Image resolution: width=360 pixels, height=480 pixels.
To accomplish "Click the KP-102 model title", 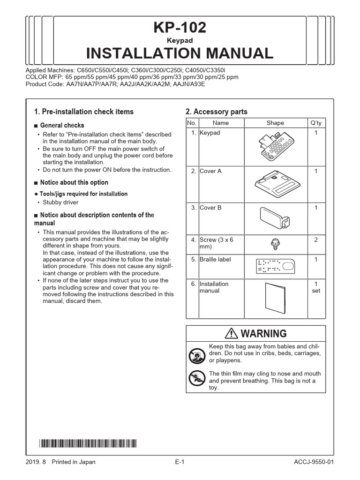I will coord(180,28).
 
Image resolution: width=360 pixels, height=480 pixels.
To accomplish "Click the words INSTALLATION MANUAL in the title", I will coord(180,53).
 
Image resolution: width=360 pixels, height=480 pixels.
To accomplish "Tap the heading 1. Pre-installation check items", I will coord(84,112).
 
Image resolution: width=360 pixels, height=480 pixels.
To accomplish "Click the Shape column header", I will coord(275,123).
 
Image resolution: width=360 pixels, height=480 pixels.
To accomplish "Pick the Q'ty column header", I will coord(316,123).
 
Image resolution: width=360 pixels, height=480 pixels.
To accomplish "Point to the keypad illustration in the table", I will coord(275,146).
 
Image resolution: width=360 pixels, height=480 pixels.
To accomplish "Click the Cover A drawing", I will coord(275,184).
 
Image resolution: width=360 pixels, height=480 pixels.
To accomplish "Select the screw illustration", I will coord(275,243).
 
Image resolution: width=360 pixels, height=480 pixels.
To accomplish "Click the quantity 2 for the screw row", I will coord(316,240).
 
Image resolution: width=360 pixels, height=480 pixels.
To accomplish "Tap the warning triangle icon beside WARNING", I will coord(232,333).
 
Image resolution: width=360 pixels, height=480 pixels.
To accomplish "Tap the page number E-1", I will coord(180,462).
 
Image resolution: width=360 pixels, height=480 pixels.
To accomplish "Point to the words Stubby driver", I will coord(60,202).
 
